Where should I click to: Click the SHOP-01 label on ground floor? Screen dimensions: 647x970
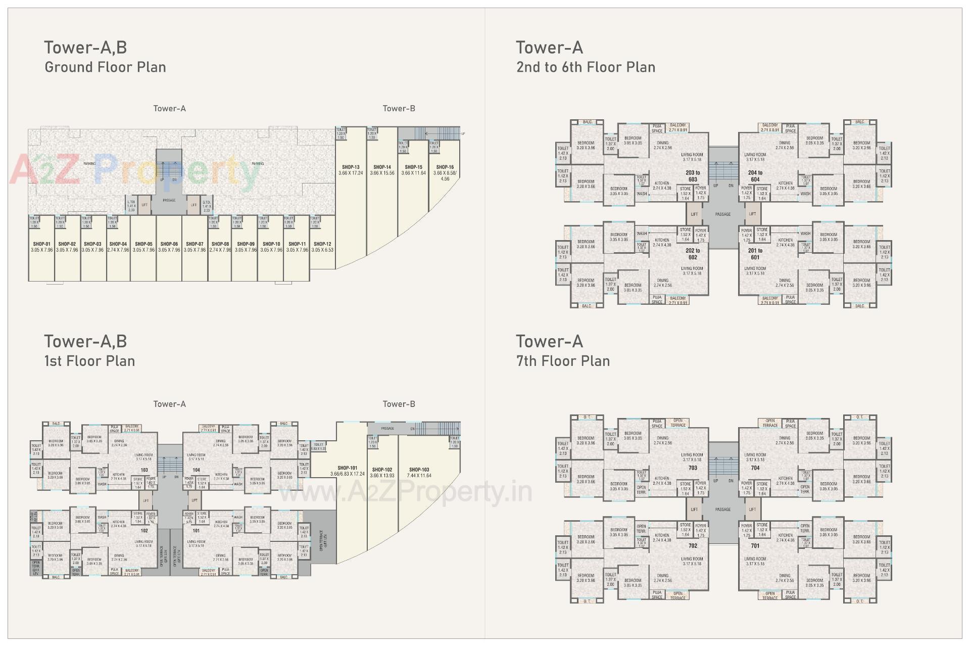tap(41, 244)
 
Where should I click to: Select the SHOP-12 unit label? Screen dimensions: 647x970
tap(322, 244)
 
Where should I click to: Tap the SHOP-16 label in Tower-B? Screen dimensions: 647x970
tap(445, 167)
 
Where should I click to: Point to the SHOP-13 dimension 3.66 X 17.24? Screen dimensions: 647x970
tap(351, 173)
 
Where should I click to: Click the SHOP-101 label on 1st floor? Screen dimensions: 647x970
tap(347, 468)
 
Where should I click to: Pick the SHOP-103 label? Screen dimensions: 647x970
tap(419, 470)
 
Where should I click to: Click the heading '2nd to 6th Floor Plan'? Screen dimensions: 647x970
tap(586, 67)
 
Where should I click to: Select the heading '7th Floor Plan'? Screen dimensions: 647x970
tap(563, 361)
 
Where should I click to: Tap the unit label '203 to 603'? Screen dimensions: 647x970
tap(693, 176)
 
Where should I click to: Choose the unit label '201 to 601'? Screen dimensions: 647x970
tap(755, 254)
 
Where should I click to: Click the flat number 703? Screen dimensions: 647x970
tap(693, 468)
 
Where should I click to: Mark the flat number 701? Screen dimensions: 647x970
tap(755, 546)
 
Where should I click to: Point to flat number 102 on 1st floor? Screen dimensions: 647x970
tap(144, 531)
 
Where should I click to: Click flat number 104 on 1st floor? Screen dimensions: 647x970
tap(196, 470)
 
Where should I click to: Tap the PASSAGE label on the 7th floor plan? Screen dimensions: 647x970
tap(723, 510)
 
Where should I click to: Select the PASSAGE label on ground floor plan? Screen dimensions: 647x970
tap(169, 200)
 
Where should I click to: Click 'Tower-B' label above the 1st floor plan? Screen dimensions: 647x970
tap(399, 404)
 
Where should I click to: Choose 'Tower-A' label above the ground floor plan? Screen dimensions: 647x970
tap(169, 109)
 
